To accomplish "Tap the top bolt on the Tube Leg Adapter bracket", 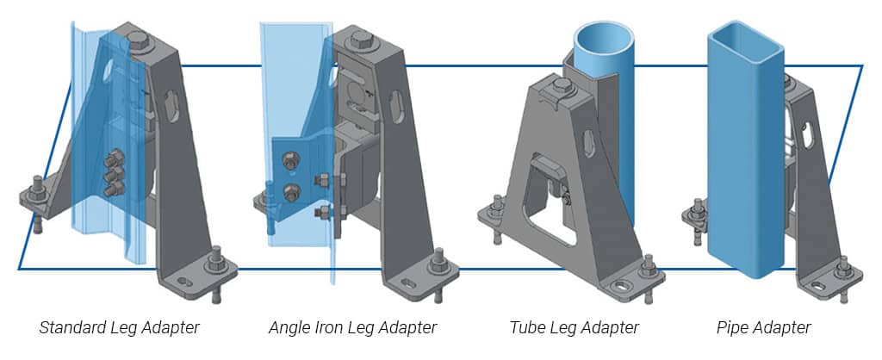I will pyautogui.click(x=563, y=85).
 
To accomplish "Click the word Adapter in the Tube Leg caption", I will pyautogui.click(x=610, y=328).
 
